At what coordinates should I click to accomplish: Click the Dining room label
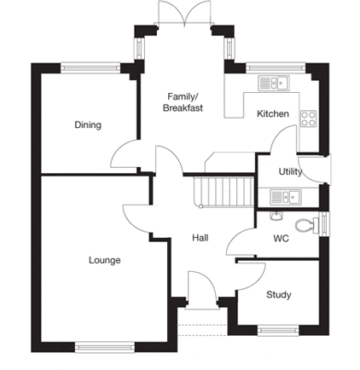(88, 125)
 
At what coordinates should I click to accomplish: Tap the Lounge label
(105, 260)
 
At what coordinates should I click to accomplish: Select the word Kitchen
(273, 113)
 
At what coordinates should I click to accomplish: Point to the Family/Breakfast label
(183, 102)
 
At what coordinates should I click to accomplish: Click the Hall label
(200, 238)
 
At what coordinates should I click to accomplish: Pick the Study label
(279, 295)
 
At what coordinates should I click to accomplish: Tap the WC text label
(281, 238)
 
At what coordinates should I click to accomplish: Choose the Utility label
(290, 171)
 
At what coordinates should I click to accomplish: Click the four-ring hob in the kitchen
(309, 119)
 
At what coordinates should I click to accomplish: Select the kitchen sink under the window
(274, 83)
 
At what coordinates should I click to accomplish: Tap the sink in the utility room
(286, 197)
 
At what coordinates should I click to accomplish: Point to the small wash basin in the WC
(276, 216)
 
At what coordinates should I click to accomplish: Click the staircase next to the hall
(224, 192)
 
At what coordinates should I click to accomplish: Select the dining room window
(90, 68)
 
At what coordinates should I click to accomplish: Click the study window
(278, 331)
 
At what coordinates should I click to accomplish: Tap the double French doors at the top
(184, 14)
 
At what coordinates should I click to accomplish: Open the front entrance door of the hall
(202, 287)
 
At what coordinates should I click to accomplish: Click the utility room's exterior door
(316, 169)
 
